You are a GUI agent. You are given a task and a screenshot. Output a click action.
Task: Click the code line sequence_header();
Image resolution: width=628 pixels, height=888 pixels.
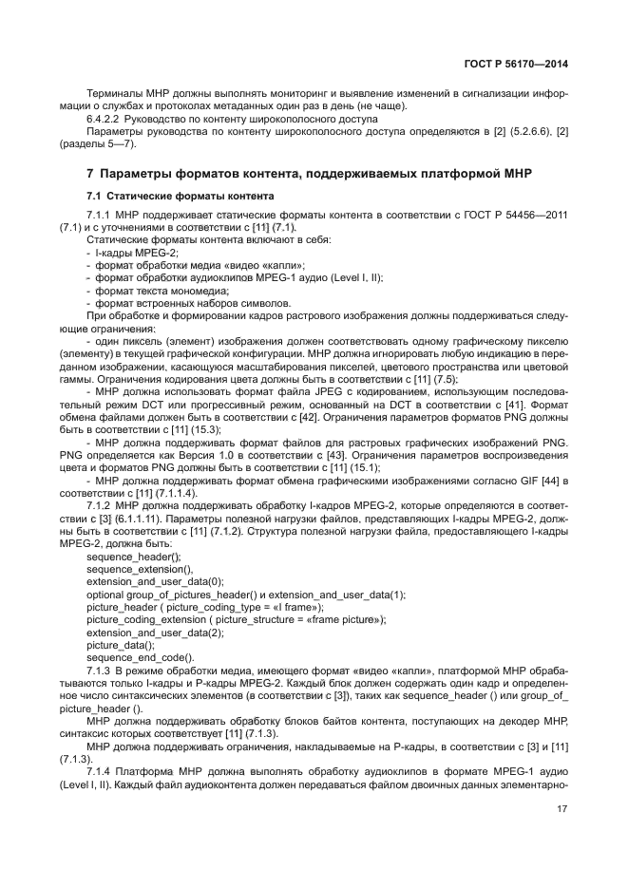127,557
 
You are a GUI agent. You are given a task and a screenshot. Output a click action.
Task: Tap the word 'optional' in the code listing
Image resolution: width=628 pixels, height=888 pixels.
105,594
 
